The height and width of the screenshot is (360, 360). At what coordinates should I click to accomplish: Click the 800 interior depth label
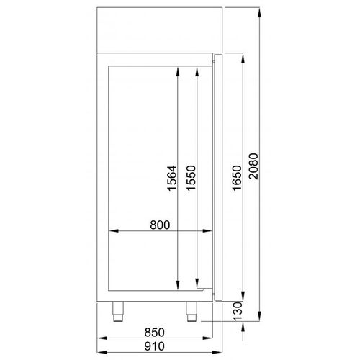159,225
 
